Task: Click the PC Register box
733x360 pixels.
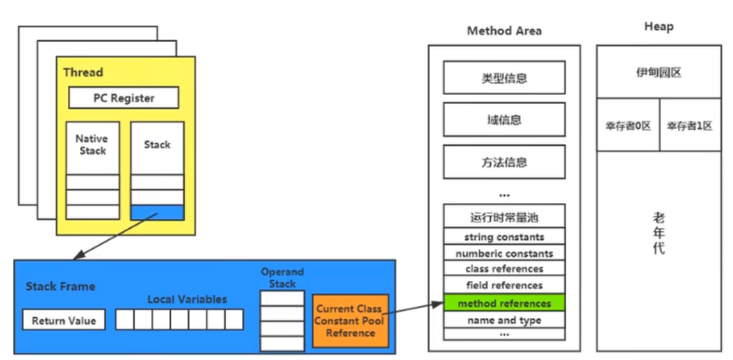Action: [124, 98]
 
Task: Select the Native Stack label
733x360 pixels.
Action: [92, 144]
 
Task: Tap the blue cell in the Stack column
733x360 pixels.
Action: [157, 212]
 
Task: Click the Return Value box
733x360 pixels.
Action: [64, 320]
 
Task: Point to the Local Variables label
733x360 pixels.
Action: [187, 299]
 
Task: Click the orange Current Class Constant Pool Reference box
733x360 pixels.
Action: [350, 320]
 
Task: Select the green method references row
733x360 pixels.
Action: [504, 303]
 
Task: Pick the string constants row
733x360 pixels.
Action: [504, 236]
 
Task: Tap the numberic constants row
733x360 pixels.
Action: [504, 253]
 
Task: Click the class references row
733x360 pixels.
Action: [504, 269]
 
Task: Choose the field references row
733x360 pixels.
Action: [504, 285]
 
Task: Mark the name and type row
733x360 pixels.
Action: [504, 320]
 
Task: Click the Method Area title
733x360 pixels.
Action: [504, 31]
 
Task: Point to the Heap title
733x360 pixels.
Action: [658, 26]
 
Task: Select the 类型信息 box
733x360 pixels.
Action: [504, 78]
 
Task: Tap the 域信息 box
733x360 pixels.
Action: [504, 120]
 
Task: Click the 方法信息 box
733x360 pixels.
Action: [504, 162]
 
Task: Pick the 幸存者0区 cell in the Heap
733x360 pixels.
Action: [628, 125]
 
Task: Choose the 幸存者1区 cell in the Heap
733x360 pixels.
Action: [689, 125]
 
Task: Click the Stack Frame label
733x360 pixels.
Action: [60, 287]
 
